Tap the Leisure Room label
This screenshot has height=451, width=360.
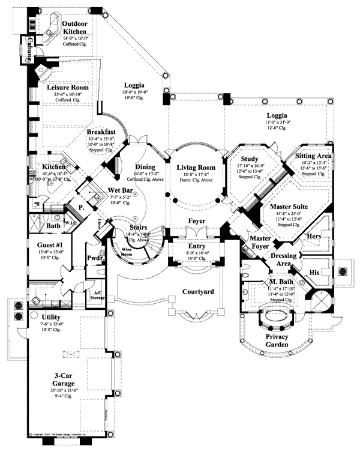68,88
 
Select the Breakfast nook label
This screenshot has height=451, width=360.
101,132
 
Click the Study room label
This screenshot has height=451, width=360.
248,159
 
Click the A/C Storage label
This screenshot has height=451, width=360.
96,292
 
